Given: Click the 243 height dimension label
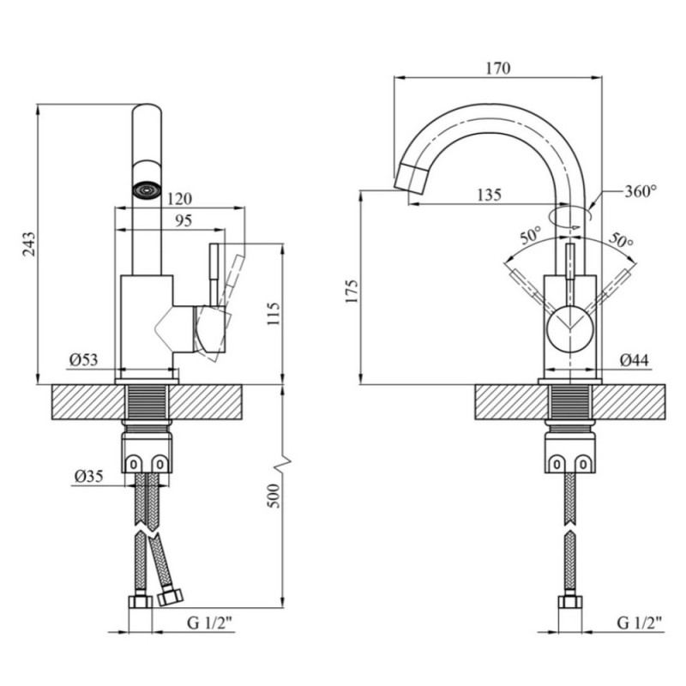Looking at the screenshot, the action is click(x=29, y=244).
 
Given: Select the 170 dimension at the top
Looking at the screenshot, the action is click(x=498, y=69).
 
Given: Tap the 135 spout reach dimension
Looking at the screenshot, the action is click(x=489, y=195).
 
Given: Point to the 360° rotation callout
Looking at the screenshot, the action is click(x=641, y=191).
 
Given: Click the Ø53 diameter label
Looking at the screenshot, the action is click(x=83, y=359).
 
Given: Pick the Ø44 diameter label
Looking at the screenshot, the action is click(x=635, y=359).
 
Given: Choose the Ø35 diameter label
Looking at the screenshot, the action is click(x=89, y=476).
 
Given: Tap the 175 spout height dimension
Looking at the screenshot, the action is click(x=352, y=291).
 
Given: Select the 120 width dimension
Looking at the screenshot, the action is click(x=179, y=199).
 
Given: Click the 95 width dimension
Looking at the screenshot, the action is click(x=184, y=220).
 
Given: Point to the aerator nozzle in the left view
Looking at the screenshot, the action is click(x=147, y=190).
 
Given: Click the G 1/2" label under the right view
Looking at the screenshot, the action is click(x=639, y=623).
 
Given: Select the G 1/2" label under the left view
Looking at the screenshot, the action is click(x=209, y=623).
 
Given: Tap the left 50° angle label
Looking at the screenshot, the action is click(x=531, y=237).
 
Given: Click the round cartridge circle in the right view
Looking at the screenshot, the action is click(x=570, y=329).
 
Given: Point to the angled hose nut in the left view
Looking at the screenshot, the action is click(x=170, y=597).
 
